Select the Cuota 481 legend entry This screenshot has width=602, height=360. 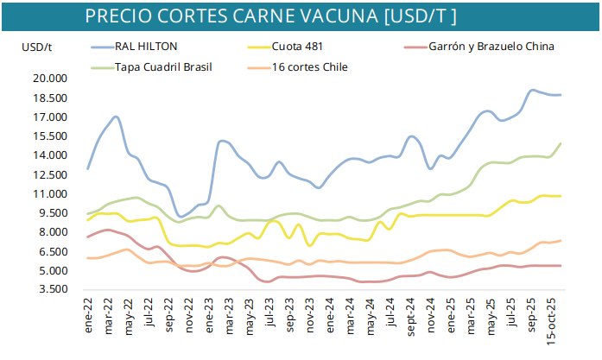(x=298, y=46)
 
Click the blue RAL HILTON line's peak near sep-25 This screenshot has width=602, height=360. (x=533, y=90)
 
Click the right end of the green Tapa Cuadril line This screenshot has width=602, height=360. (x=561, y=144)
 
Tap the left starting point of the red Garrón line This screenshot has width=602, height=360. (x=88, y=237)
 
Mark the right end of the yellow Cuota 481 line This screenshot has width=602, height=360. (x=561, y=196)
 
